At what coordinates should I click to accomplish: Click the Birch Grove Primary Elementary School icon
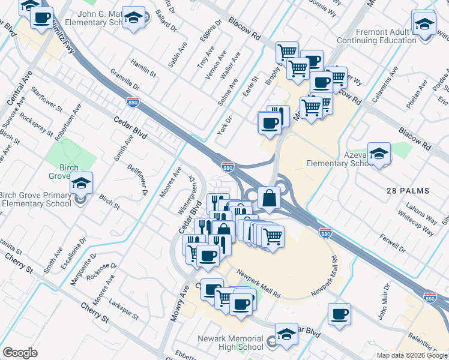[80, 183]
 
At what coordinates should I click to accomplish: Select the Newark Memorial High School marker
[286, 335]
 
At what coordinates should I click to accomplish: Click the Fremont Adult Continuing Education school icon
[424, 23]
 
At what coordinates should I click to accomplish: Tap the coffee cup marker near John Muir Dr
[339, 314]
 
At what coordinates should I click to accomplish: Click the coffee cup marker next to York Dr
[269, 124]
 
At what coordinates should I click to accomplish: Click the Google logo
[20, 353]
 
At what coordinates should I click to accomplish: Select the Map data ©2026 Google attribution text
[412, 355]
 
